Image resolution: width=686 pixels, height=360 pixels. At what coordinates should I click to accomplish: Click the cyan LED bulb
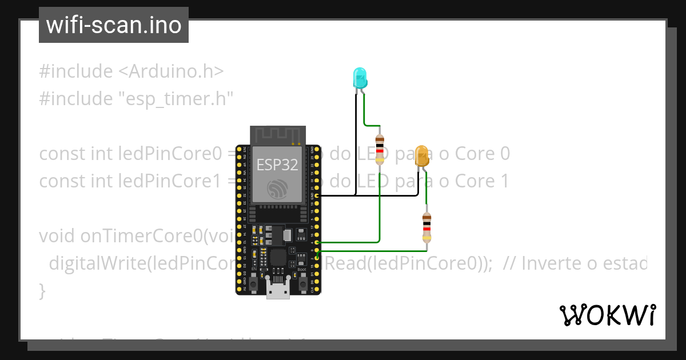[359, 77]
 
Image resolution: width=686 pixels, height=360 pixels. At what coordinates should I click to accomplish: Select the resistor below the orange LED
[426, 227]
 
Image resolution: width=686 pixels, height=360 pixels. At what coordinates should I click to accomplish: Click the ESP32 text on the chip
[277, 165]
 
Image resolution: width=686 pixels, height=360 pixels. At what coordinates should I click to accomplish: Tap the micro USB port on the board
[278, 290]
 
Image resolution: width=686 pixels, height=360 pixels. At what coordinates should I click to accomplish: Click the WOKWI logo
[607, 315]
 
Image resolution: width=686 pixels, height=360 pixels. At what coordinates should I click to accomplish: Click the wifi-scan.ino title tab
[114, 25]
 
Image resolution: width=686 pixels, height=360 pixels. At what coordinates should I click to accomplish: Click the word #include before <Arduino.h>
[76, 71]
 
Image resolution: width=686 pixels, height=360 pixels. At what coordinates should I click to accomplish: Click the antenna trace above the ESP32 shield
[278, 136]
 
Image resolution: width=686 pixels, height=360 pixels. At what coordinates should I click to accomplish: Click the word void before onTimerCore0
[58, 236]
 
